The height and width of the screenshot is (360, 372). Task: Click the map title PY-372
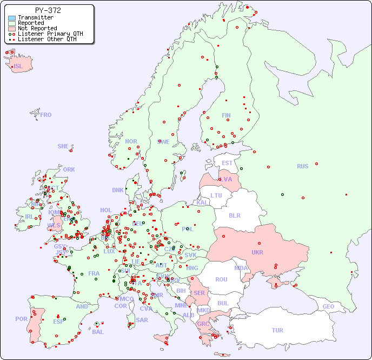tap(48, 10)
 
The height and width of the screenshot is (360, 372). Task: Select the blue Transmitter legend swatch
tap(12, 18)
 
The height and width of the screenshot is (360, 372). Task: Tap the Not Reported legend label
tap(37, 28)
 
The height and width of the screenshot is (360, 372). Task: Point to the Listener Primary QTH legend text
tap(50, 34)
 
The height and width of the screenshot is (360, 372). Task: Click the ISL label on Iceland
tap(18, 67)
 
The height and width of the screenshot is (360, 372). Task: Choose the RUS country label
tap(302, 166)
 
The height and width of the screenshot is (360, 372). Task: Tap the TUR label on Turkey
tap(277, 330)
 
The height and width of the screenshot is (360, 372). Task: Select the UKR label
tap(257, 252)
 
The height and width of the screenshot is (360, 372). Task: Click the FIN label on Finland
tap(226, 115)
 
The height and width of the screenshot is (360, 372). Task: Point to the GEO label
tap(328, 306)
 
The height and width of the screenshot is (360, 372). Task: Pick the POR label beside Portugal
tap(21, 319)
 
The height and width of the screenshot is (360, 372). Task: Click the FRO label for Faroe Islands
tap(46, 115)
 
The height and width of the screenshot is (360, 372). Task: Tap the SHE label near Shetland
tap(63, 146)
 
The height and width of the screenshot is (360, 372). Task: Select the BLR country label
tap(234, 215)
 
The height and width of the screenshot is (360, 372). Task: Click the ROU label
tap(221, 279)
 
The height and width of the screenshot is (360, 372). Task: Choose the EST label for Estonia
tap(227, 163)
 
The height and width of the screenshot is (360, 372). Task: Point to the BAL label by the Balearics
tap(97, 332)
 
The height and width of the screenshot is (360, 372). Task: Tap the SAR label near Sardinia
tap(142, 320)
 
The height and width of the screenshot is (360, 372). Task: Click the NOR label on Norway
tap(131, 141)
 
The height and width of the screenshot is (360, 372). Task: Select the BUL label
tap(223, 303)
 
